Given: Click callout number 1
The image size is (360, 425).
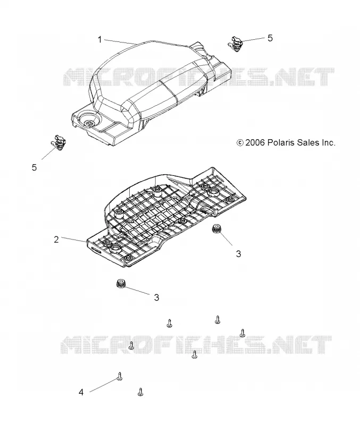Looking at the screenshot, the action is [x=99, y=40].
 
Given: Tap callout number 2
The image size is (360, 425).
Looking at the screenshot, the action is [x=56, y=240].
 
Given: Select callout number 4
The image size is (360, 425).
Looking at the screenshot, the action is [x=81, y=392].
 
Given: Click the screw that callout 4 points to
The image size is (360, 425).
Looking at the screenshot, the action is [x=120, y=376].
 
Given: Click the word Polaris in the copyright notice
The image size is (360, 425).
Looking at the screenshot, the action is [x=281, y=142].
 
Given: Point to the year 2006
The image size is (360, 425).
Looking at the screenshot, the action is [x=255, y=142].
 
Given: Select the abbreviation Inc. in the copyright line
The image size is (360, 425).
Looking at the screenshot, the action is [x=329, y=142].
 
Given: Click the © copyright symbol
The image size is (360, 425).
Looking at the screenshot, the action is [x=240, y=142].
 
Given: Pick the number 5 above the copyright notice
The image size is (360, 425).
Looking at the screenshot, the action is [x=270, y=38].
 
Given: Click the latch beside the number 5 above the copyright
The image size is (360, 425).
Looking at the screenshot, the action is [x=235, y=43].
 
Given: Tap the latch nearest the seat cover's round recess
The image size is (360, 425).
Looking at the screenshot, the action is [x=58, y=142].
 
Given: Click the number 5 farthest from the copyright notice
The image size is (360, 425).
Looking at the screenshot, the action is [x=34, y=167].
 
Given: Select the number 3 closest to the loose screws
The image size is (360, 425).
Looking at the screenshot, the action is [x=156, y=297].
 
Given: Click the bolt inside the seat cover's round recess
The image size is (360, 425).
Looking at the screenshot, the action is [x=88, y=123].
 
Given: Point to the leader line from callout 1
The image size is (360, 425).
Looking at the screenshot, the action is [x=121, y=42].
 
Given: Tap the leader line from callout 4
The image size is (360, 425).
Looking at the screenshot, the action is [x=103, y=386].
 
